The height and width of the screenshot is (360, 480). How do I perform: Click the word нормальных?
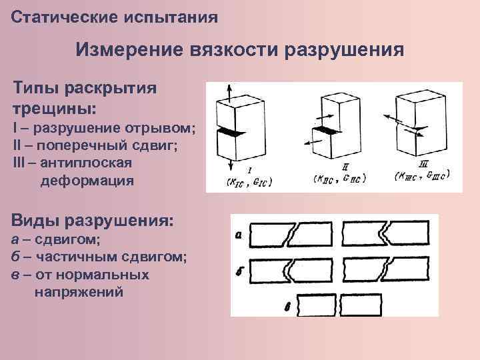point(113,275)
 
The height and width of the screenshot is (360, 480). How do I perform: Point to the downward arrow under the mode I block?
point(231,165)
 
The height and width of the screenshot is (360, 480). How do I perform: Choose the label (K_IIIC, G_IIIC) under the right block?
point(422,176)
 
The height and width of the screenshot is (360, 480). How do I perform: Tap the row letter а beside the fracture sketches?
point(239,234)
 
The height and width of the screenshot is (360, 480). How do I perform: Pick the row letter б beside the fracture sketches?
point(239,271)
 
